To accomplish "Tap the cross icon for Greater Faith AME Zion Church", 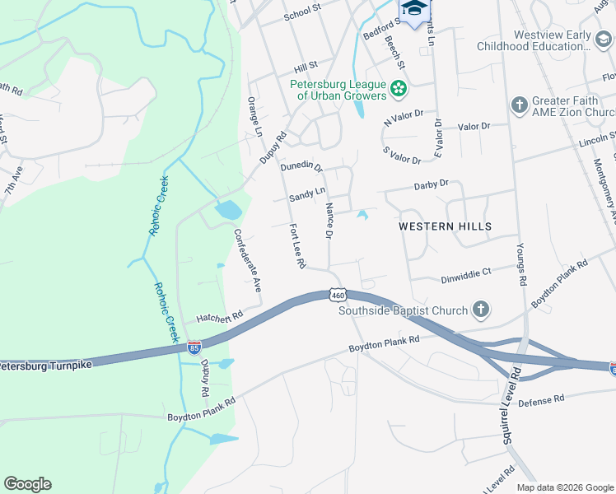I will [x=519, y=105].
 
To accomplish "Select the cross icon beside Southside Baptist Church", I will [x=481, y=310].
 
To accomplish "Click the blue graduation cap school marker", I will [x=414, y=8].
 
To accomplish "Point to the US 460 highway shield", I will [x=337, y=295].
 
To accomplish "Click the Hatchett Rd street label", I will [x=220, y=316].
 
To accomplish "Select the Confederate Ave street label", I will [x=246, y=260].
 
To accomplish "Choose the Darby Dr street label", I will [x=431, y=184].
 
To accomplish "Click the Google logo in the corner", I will [x=27, y=484].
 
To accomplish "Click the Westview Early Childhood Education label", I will [x=564, y=40].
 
